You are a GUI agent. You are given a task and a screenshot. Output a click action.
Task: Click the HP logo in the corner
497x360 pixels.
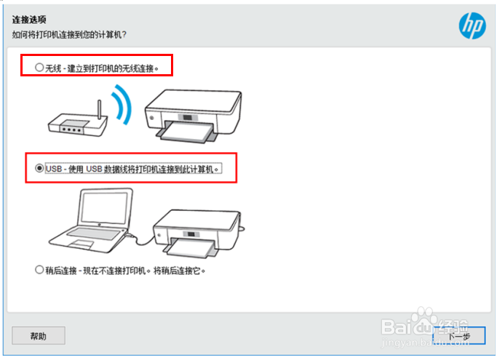pyautogui.click(x=472, y=25)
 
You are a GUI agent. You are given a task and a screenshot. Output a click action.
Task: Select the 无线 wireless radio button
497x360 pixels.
pyautogui.click(x=39, y=67)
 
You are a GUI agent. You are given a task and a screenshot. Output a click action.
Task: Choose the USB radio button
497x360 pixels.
pyautogui.click(x=39, y=167)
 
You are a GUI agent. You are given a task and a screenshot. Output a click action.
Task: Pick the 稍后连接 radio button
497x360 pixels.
pyautogui.click(x=39, y=270)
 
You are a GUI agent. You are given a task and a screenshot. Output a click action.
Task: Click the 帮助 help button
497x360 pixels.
pyautogui.click(x=39, y=335)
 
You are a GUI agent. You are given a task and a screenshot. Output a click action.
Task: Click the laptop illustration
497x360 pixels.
pyautogui.click(x=95, y=218)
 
